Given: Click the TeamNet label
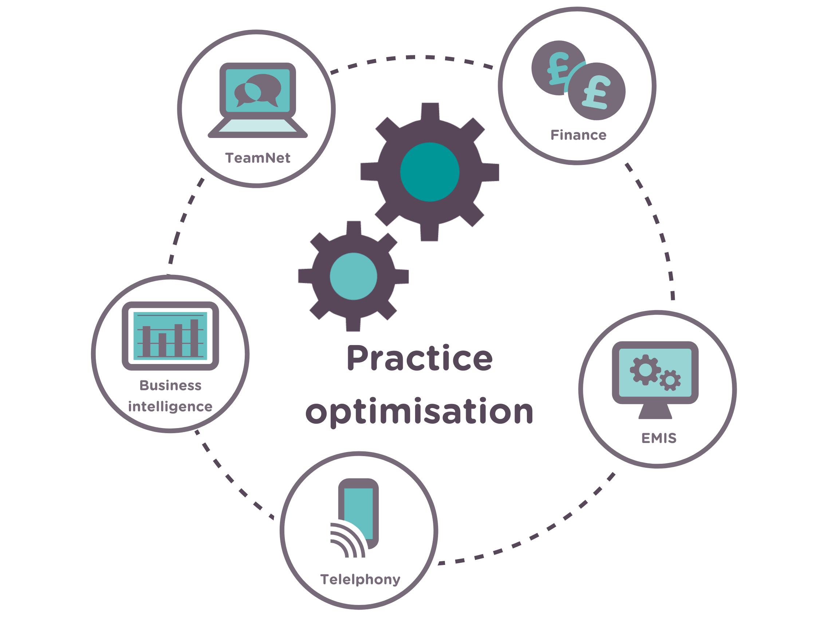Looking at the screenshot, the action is pyautogui.click(x=257, y=158).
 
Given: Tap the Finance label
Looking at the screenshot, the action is pyautogui.click(x=578, y=135).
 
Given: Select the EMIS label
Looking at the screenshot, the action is pyautogui.click(x=659, y=438).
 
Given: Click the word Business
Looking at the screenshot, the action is pyautogui.click(x=170, y=385).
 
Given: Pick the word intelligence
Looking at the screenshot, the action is pyautogui.click(x=170, y=407).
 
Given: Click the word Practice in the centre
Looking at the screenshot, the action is pyautogui.click(x=419, y=358).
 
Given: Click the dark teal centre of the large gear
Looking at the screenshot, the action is pyautogui.click(x=430, y=172).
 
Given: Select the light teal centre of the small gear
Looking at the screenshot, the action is pyautogui.click(x=354, y=276).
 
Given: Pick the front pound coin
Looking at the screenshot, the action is pyautogui.click(x=596, y=91).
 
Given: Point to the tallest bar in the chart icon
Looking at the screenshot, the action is pyautogui.click(x=194, y=338).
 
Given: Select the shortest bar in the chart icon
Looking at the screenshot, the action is pyautogui.click(x=162, y=345).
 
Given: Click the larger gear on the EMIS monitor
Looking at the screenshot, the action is pyautogui.click(x=645, y=370).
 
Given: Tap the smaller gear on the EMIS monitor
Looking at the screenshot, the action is pyautogui.click(x=670, y=380).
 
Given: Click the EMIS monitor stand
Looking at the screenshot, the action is pyautogui.click(x=655, y=411).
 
